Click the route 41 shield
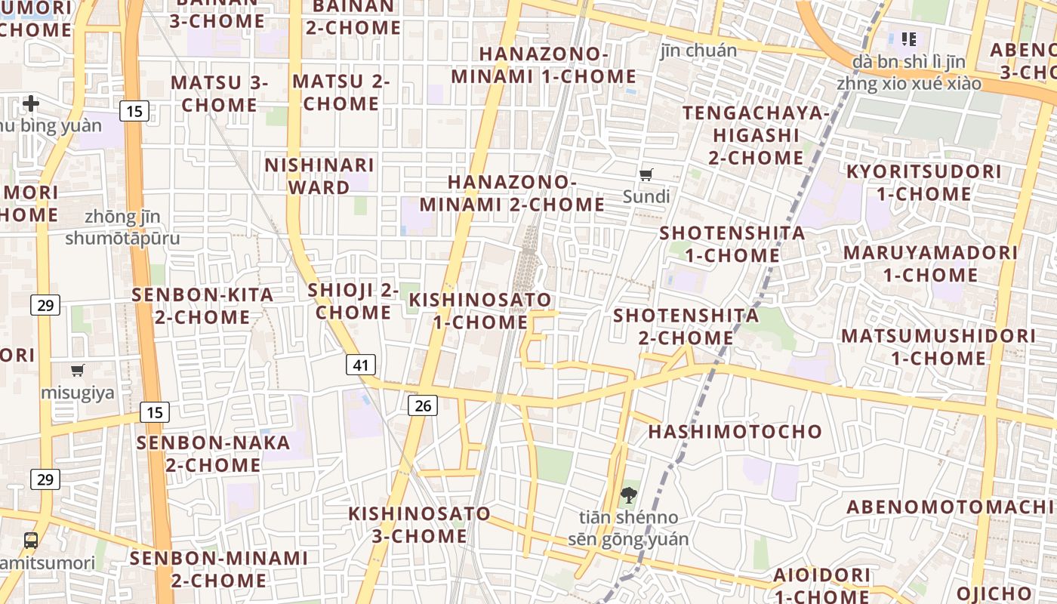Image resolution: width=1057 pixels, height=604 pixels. tap(361, 365)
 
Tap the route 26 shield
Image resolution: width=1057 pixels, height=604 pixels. tap(423, 405)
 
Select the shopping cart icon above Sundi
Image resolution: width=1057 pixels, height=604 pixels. tap(646, 175)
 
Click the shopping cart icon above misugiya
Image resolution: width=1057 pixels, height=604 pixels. tap(78, 370)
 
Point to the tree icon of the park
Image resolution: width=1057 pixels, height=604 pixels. tap(628, 495)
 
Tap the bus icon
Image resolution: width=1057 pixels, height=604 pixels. tap(31, 541)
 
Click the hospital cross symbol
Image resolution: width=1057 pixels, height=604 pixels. tap(31, 103)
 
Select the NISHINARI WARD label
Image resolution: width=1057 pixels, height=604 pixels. tap(319, 176)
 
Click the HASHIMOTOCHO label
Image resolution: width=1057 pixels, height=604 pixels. tap(735, 432)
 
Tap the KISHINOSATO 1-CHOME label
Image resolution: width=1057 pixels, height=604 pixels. tap(480, 311)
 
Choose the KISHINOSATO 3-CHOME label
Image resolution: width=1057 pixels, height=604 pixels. tap(419, 525)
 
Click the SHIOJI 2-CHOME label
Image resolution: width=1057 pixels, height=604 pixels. tap(353, 301)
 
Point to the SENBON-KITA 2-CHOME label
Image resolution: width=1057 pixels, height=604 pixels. tap(202, 306)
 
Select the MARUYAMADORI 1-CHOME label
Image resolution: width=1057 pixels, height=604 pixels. tap(930, 263)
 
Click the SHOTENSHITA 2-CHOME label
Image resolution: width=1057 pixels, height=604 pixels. tap(686, 326)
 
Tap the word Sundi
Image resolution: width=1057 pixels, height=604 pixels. tap(646, 197)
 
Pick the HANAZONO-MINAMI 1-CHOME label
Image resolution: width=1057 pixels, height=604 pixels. tap(544, 66)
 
